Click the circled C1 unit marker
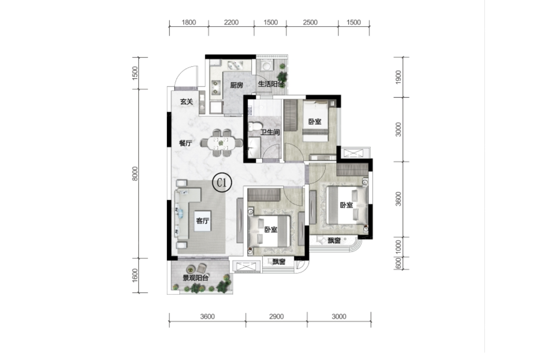coord(222,183)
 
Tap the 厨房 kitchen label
coord(236,85)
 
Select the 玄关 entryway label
coord(187,102)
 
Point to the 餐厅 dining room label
coord(186,143)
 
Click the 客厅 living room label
coord(202,221)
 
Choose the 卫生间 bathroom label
coord(270,132)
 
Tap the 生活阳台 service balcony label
coord(271,84)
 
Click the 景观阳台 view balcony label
coord(196,278)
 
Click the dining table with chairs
coord(221,143)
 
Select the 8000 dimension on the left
coord(135,174)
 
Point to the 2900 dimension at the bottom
coord(276,316)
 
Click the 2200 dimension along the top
coord(231,22)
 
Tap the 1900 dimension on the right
coord(398,77)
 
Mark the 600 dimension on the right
coord(398,263)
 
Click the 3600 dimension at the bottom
coord(208,316)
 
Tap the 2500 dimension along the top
coord(310,22)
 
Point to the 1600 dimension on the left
coord(135,275)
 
